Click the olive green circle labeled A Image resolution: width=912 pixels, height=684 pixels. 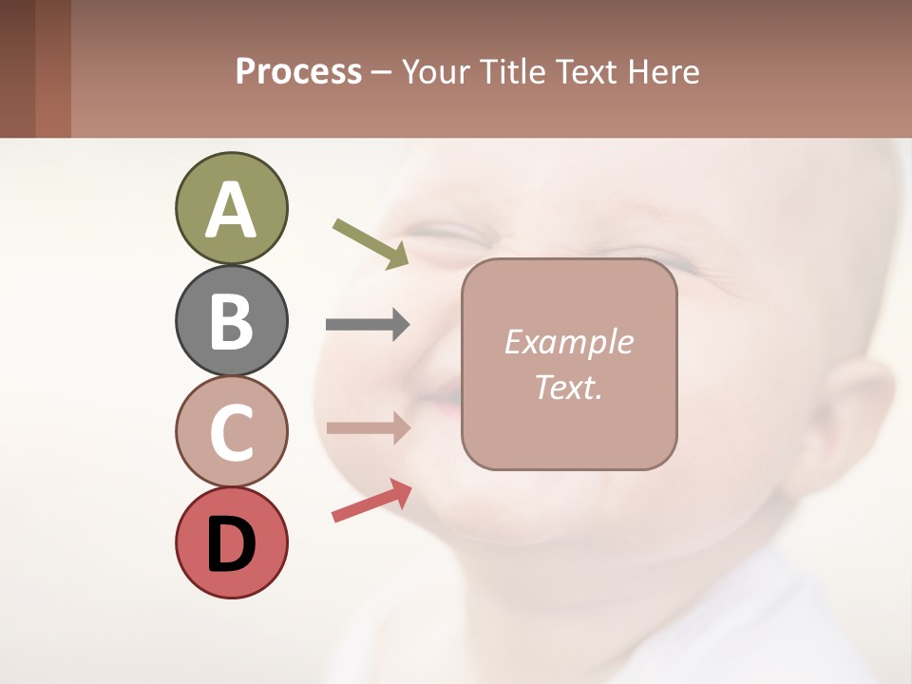point(231,208)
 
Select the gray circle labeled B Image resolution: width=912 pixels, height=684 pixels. point(231,320)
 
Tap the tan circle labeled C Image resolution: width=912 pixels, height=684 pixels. point(231,431)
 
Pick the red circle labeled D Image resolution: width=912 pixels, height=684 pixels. point(231,542)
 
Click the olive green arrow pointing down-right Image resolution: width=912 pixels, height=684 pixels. point(370,243)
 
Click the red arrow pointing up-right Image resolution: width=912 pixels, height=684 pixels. point(371,501)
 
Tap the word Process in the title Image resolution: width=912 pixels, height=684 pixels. point(298,72)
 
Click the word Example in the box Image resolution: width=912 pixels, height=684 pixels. point(568,342)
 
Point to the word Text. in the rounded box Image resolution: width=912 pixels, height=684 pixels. point(568,388)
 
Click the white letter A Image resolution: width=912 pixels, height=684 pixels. point(231,210)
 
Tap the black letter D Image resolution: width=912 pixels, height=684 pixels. point(231,544)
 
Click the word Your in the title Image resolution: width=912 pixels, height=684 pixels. point(436,72)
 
